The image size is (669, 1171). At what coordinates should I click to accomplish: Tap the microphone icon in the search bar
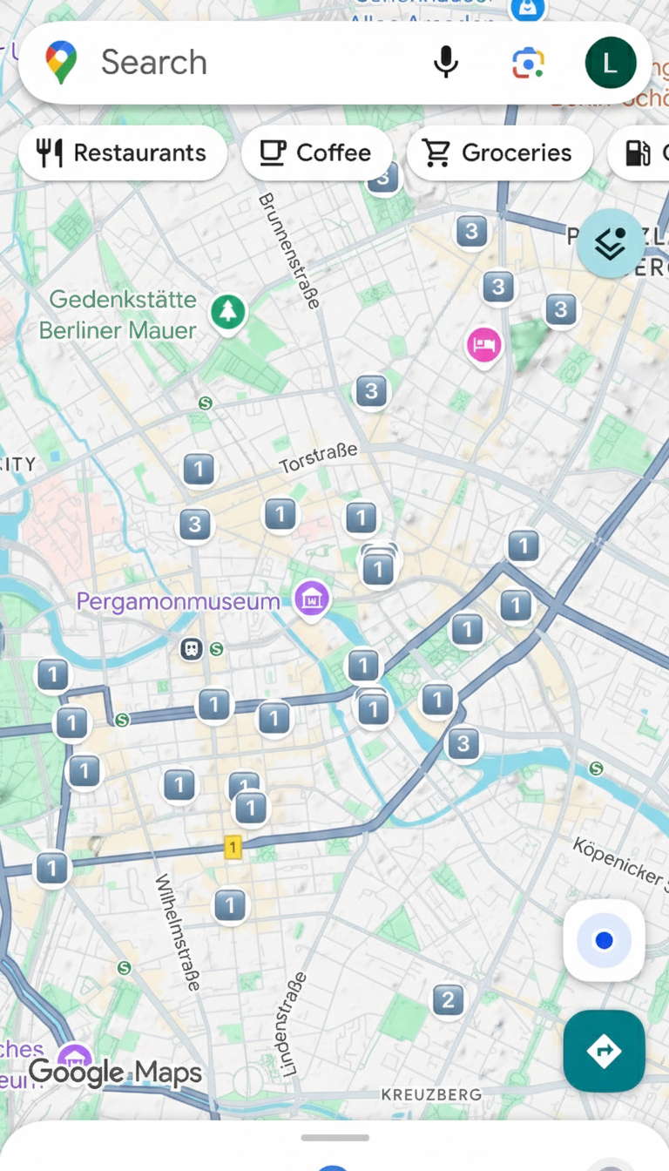pyautogui.click(x=446, y=63)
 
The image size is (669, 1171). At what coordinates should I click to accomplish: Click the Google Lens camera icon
pyautogui.click(x=528, y=63)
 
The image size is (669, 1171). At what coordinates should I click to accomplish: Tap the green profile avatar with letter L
pyautogui.click(x=611, y=63)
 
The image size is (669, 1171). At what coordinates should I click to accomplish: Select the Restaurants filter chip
pyautogui.click(x=123, y=153)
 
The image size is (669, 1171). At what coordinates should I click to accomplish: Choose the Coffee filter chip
pyautogui.click(x=316, y=153)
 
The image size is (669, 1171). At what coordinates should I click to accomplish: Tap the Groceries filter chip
pyautogui.click(x=499, y=153)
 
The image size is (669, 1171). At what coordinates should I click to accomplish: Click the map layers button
pyautogui.click(x=612, y=243)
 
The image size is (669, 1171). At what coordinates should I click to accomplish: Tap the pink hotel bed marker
pyautogui.click(x=483, y=345)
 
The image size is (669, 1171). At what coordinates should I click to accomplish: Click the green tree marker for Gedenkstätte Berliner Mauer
pyautogui.click(x=228, y=311)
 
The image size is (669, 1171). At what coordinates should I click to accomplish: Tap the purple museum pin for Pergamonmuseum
pyautogui.click(x=312, y=599)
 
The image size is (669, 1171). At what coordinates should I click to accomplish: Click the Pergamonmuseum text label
pyautogui.click(x=179, y=601)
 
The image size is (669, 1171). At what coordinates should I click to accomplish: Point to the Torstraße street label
pyautogui.click(x=318, y=457)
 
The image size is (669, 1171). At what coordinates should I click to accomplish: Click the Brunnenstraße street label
pyautogui.click(x=289, y=251)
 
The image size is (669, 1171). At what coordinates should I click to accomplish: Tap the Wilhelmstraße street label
pyautogui.click(x=177, y=931)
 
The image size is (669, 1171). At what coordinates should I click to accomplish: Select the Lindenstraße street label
pyautogui.click(x=291, y=1023)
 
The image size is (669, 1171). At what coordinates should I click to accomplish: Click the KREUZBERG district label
pyautogui.click(x=431, y=1094)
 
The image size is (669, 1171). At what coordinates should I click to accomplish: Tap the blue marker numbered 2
pyautogui.click(x=448, y=999)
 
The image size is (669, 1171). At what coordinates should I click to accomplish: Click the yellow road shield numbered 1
pyautogui.click(x=233, y=847)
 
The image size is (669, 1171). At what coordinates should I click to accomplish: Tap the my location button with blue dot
pyautogui.click(x=604, y=941)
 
